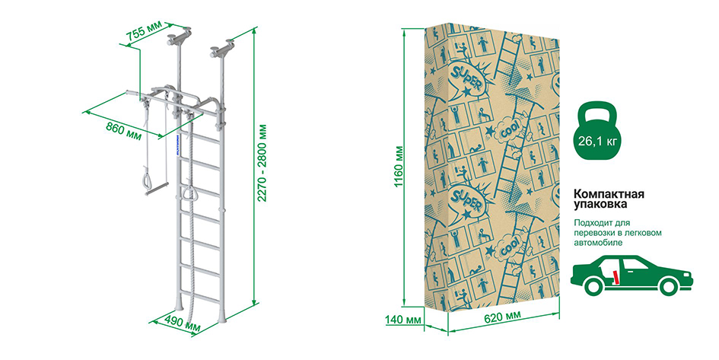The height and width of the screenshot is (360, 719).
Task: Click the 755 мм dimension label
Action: [144, 31]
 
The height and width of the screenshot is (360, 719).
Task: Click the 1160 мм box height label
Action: [399, 167]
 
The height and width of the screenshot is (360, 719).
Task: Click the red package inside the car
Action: [616, 277]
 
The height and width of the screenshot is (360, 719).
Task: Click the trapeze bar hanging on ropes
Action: [157, 189]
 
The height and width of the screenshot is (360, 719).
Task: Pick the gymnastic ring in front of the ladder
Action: [189, 193]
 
